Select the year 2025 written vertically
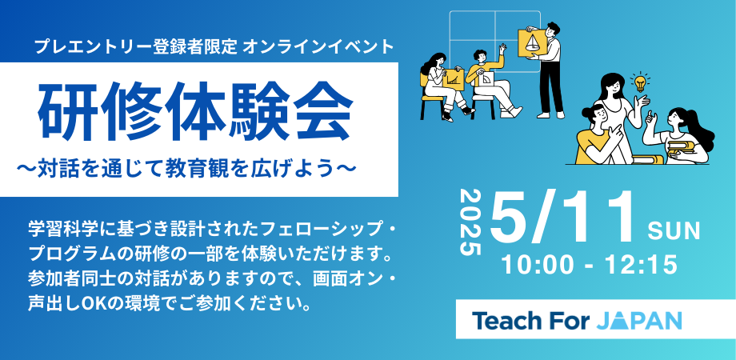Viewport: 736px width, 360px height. (472, 222)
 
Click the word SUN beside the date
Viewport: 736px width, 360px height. (674, 232)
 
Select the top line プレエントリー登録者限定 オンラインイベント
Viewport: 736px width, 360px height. (214, 47)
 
